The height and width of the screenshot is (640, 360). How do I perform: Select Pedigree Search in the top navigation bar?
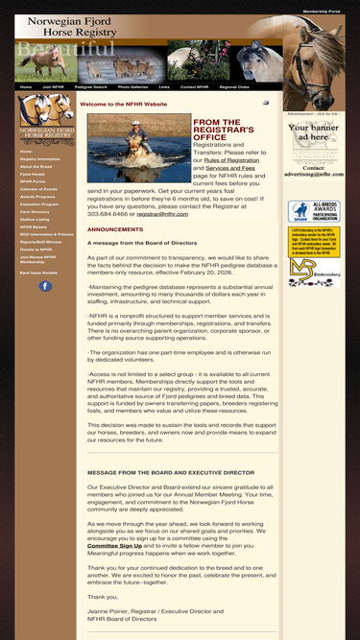pyautogui.click(x=91, y=86)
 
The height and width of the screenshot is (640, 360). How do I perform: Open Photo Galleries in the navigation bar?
pyautogui.click(x=132, y=86)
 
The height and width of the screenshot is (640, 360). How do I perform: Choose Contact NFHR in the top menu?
pyautogui.click(x=194, y=86)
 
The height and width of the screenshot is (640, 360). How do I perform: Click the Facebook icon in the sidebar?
pyautogui.click(x=45, y=286)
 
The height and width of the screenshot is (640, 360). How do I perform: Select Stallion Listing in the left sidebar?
pyautogui.click(x=35, y=219)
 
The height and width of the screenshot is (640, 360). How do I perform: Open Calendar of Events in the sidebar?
pyautogui.click(x=38, y=189)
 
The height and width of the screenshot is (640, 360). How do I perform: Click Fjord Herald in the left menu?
pyautogui.click(x=33, y=174)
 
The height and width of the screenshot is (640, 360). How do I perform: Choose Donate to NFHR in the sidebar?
pyautogui.click(x=36, y=249)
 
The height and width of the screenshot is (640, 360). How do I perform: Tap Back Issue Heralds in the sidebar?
pyautogui.click(x=38, y=273)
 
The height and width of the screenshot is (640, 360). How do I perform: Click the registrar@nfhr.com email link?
pyautogui.click(x=162, y=215)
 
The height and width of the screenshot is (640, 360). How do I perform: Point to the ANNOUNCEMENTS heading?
pyautogui.click(x=114, y=230)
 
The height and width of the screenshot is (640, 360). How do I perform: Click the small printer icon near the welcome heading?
pyautogui.click(x=266, y=103)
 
